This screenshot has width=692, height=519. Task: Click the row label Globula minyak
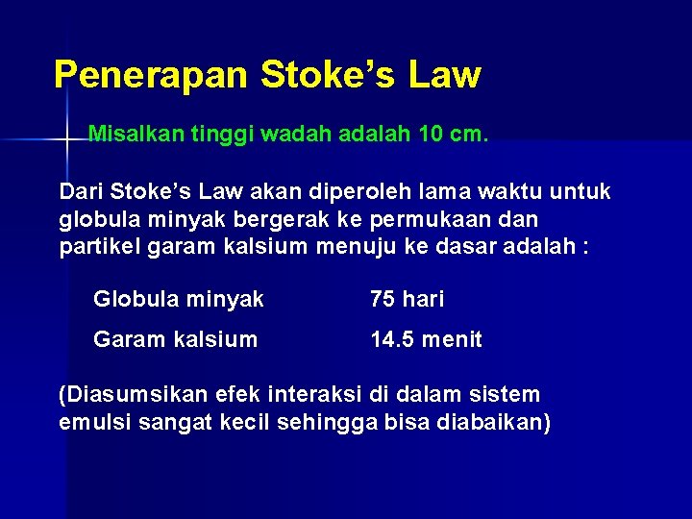(x=179, y=300)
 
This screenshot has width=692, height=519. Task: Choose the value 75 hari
(x=408, y=300)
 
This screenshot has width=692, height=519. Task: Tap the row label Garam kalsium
(x=176, y=339)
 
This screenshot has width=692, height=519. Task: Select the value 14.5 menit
(x=427, y=339)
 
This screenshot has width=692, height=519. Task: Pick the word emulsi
(x=92, y=422)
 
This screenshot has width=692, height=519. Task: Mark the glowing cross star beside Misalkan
(x=66, y=140)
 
